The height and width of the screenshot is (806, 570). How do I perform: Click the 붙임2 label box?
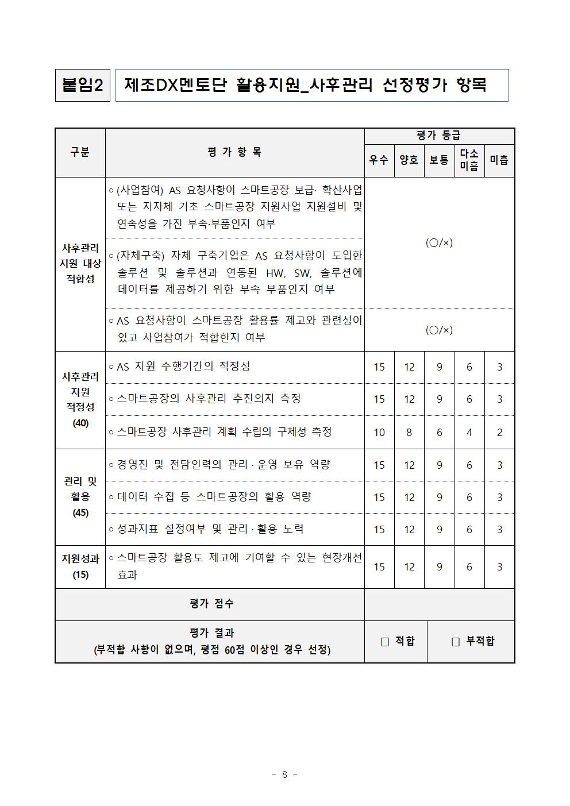pyautogui.click(x=82, y=86)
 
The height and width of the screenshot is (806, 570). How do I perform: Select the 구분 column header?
pyautogui.click(x=80, y=152)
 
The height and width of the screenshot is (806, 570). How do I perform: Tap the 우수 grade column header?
pyautogui.click(x=379, y=160)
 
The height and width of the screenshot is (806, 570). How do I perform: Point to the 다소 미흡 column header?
pyautogui.click(x=469, y=160)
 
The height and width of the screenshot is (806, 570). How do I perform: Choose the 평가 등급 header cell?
pyautogui.click(x=439, y=136)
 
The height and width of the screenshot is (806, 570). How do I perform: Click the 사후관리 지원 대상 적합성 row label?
pyautogui.click(x=80, y=263)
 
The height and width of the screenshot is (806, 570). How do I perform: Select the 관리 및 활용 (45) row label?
pyautogui.click(x=80, y=497)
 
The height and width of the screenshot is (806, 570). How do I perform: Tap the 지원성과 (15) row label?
pyautogui.click(x=80, y=566)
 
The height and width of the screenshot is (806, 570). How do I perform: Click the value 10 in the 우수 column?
pyautogui.click(x=379, y=432)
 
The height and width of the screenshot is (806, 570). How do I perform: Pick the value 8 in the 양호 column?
pyautogui.click(x=409, y=432)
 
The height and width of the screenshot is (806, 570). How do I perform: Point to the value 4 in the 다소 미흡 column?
pyautogui.click(x=469, y=432)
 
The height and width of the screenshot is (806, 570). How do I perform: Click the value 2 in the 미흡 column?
pyautogui.click(x=499, y=432)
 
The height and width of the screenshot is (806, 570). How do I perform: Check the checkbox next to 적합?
pyautogui.click(x=385, y=642)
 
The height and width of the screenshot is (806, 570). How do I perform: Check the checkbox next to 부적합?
pyautogui.click(x=456, y=642)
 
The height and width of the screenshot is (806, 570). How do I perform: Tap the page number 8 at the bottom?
pyautogui.click(x=284, y=774)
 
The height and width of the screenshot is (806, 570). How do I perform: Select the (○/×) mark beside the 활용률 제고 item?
pyautogui.click(x=439, y=330)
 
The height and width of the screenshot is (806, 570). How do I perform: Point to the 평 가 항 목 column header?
pyautogui.click(x=234, y=152)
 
